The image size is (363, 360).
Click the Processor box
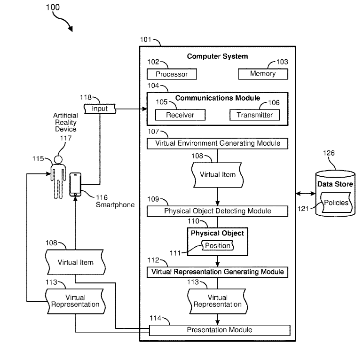pos(172,74)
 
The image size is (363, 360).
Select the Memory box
pos(263,74)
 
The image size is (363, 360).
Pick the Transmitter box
pos(254,115)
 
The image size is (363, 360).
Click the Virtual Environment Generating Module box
pos(217,143)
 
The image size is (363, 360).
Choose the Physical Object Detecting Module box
pos(217,211)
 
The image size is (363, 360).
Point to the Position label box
pos(217,245)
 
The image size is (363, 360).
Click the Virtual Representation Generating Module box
pos(217,272)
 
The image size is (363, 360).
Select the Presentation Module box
pos(219,330)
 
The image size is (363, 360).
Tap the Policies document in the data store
pos(336,203)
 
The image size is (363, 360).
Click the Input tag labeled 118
pos(100,109)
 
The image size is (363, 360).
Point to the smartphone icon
pos(75,185)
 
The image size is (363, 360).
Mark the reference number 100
pos(53,7)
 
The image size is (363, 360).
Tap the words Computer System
pos(217,56)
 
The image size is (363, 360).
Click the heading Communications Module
pos(217,98)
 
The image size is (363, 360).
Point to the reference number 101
pos(146,39)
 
